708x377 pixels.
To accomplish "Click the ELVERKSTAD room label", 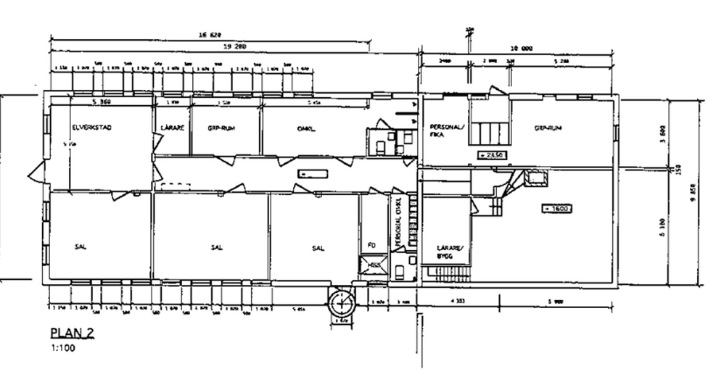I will point(91,128).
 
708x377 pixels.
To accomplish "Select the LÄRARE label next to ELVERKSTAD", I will point(172,128).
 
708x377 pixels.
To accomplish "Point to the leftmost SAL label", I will point(80,247).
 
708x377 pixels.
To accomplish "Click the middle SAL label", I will point(216,247).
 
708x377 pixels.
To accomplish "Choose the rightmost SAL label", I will point(318,247).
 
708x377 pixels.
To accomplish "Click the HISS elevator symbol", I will point(374,266).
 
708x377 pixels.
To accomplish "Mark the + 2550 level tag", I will point(493,154).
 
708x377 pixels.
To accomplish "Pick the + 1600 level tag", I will point(556,209).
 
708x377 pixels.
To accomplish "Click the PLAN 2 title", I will point(71,333).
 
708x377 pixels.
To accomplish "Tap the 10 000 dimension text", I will point(522,49).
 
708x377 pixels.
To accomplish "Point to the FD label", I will point(372,244).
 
